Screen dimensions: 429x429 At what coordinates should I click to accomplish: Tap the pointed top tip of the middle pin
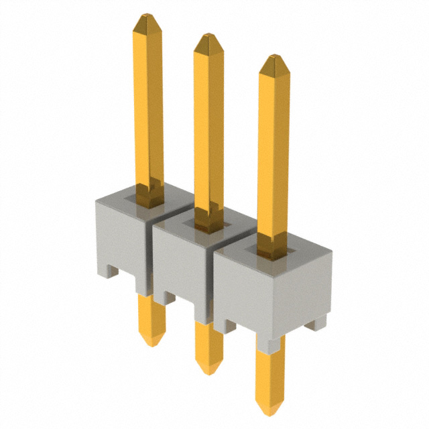click(208, 36)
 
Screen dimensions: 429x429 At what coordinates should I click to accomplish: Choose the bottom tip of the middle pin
click(210, 369)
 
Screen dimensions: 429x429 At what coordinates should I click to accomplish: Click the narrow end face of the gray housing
click(305, 288)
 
